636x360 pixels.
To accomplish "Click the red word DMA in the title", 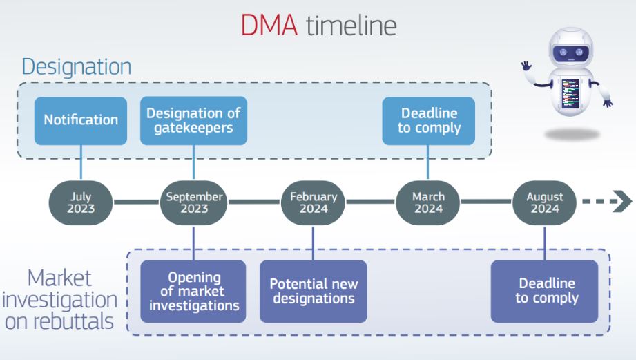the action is click(269, 25).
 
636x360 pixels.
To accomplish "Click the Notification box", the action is click(81, 120).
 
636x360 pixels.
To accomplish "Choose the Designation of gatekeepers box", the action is click(193, 120).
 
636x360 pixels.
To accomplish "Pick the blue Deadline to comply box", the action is click(428, 120).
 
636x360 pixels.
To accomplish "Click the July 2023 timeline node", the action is click(81, 202).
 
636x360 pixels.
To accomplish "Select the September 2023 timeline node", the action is click(194, 202).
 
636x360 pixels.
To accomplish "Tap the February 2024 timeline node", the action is click(313, 202).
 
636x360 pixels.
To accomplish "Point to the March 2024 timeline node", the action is click(428, 202).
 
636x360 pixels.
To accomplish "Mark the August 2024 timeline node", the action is click(544, 202).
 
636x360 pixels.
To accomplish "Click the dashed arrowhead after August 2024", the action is click(621, 201).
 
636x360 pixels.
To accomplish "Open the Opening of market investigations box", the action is click(193, 292).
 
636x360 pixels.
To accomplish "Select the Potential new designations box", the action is click(314, 292).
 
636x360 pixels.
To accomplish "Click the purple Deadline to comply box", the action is click(544, 292).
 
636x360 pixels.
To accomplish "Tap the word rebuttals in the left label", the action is click(73, 322).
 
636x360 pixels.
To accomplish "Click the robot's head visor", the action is click(571, 53).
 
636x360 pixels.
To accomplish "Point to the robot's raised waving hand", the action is click(526, 66).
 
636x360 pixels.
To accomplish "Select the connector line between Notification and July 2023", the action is click(81, 162).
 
